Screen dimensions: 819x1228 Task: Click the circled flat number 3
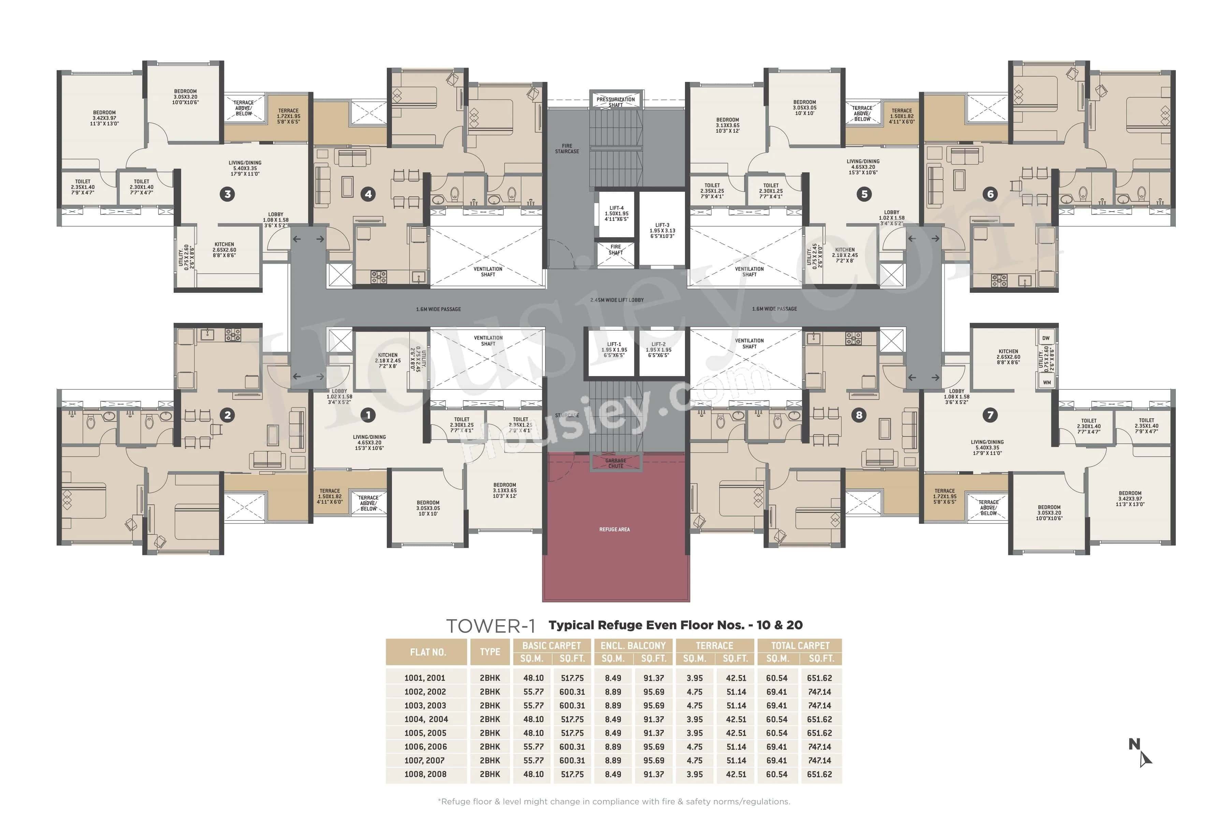227,194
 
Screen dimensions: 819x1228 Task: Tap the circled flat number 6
991,194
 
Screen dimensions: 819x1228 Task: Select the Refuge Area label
615,530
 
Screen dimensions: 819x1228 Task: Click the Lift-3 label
662,230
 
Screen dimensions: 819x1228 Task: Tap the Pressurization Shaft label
616,102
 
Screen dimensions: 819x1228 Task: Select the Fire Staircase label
567,149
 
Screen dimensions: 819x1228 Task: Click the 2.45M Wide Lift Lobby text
617,300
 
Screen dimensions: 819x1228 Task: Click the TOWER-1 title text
490,626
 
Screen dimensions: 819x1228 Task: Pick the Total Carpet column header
800,646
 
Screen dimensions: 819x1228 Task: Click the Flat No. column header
428,652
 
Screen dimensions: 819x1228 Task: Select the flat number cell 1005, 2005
425,733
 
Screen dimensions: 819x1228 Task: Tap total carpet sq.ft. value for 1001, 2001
819,678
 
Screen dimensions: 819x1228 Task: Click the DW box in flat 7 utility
1046,338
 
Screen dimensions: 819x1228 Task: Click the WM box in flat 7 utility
1046,382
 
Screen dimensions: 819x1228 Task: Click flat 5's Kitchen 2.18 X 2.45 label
845,255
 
